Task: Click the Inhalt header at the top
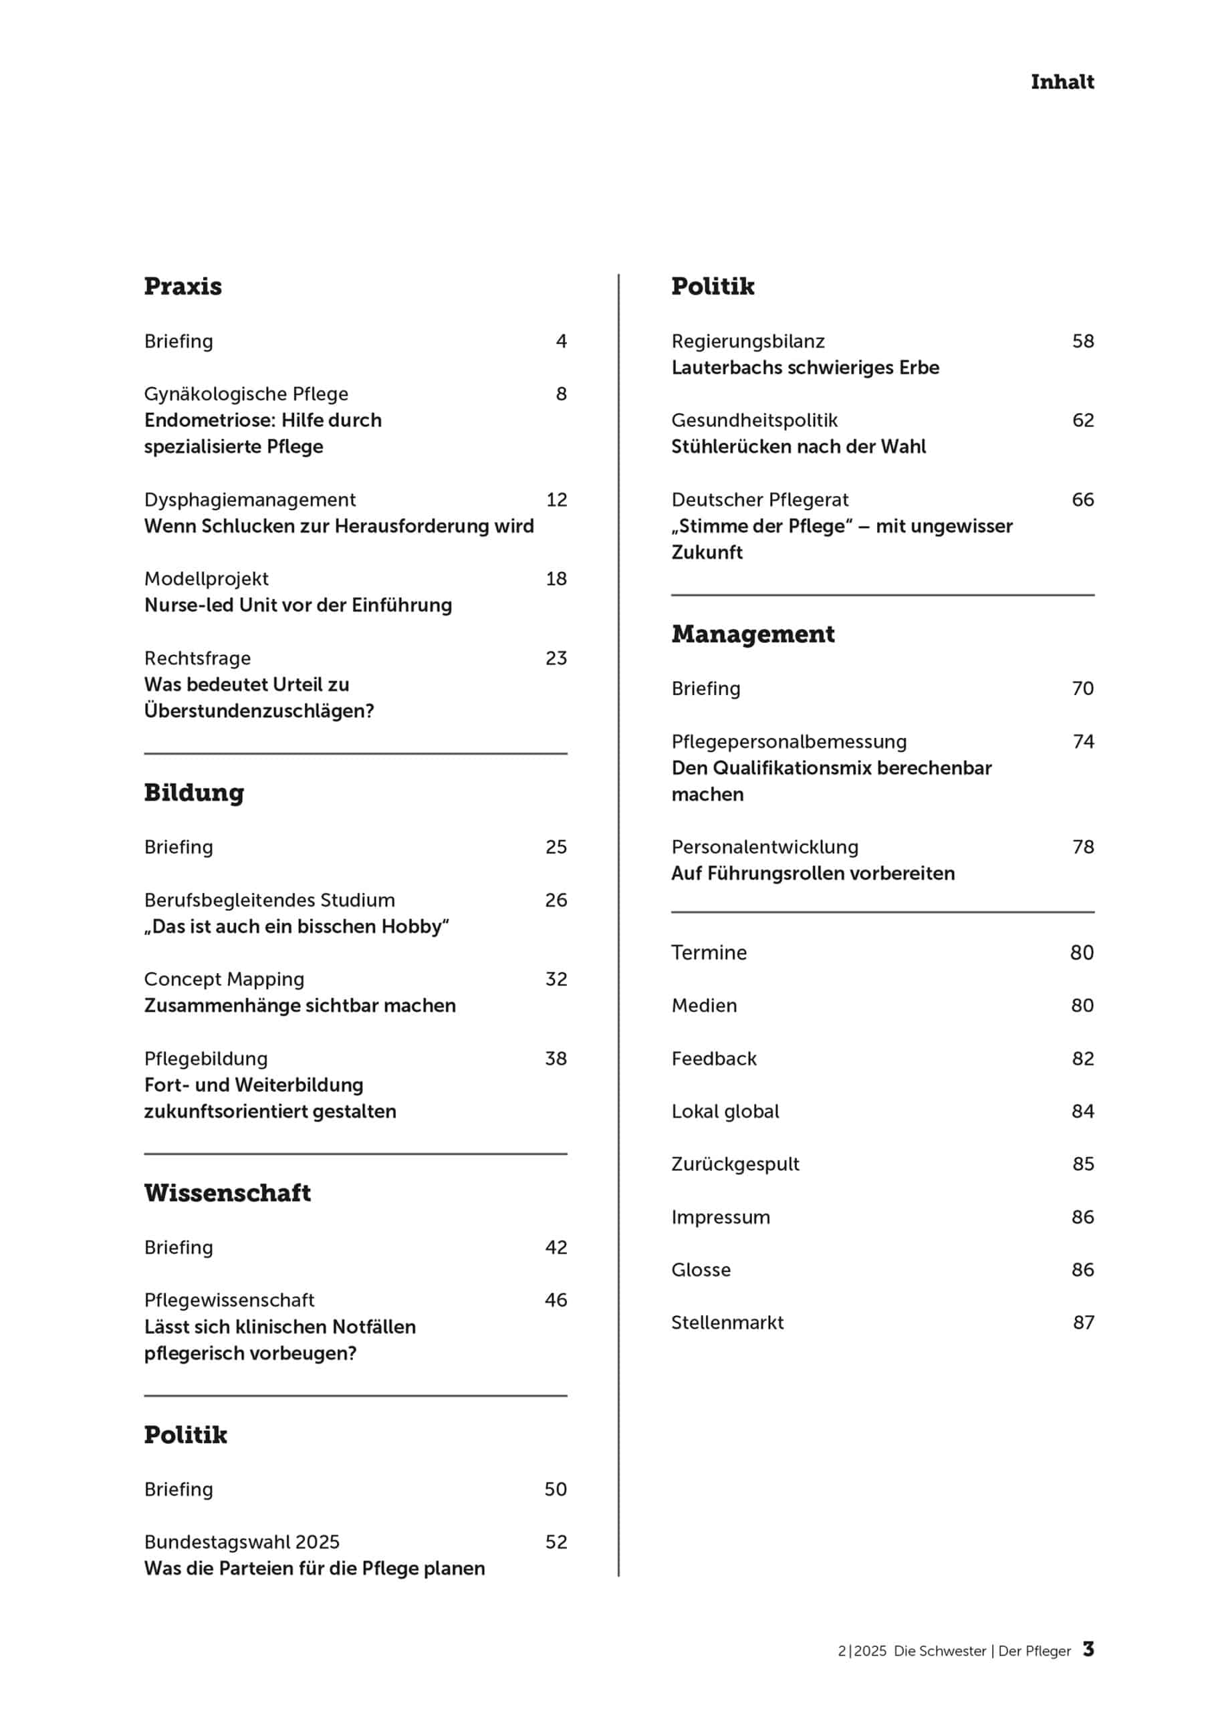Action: (x=1062, y=82)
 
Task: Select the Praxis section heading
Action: (x=183, y=286)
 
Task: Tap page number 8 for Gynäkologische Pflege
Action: (x=561, y=394)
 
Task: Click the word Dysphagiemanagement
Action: (x=250, y=499)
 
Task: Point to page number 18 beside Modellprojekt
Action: (x=556, y=578)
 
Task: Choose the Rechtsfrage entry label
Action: (x=198, y=658)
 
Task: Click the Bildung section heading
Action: (x=194, y=792)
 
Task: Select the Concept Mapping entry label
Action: (x=225, y=978)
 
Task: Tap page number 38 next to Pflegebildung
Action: (x=556, y=1058)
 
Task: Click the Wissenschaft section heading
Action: (x=227, y=1192)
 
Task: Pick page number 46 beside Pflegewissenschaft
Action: (x=556, y=1300)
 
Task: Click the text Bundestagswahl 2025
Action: (x=241, y=1541)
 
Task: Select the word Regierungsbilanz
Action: (x=748, y=342)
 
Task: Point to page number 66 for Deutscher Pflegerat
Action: (x=1082, y=499)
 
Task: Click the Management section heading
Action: (x=753, y=634)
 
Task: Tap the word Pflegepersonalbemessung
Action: (x=789, y=741)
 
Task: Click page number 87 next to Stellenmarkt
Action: (x=1082, y=1322)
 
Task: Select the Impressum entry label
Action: (x=720, y=1217)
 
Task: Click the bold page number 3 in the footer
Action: (x=1088, y=1648)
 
